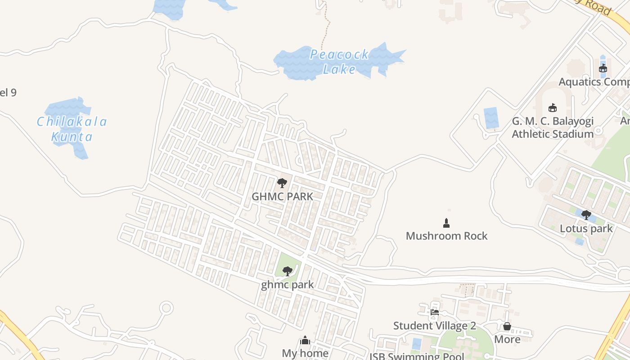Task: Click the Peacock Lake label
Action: [340, 62]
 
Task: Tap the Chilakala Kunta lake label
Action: [72, 129]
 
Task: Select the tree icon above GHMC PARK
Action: [282, 183]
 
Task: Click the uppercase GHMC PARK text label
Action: [282, 197]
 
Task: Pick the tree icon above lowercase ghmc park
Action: [287, 271]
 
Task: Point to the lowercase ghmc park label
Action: [287, 285]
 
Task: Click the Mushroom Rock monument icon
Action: [446, 223]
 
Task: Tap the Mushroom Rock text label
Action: [446, 236]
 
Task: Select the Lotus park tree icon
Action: [586, 215]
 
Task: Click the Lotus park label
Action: [586, 229]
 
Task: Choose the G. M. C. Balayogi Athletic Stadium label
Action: [553, 128]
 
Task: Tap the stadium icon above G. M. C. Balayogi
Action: [553, 108]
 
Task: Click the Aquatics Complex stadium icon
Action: [603, 68]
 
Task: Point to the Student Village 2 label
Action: [434, 326]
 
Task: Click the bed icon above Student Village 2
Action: [434, 312]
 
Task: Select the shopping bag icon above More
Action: [507, 326]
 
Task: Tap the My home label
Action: [305, 353]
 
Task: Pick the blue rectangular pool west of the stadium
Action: [490, 118]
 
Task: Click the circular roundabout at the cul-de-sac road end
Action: [166, 308]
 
